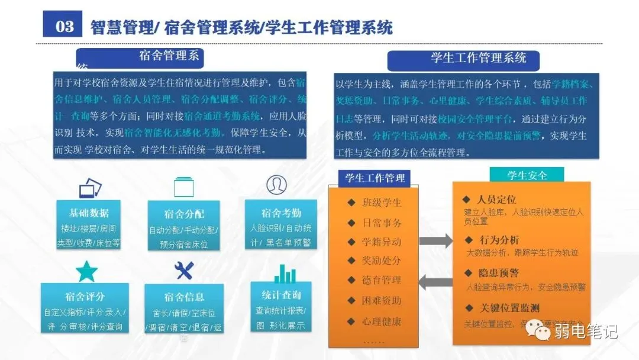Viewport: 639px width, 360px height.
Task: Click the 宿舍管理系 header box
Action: pos(169,57)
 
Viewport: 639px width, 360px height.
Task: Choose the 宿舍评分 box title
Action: pos(85,296)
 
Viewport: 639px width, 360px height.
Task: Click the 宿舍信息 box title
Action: pos(184,297)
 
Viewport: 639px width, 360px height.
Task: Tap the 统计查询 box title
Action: pos(281,295)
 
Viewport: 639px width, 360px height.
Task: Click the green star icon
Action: pos(86,271)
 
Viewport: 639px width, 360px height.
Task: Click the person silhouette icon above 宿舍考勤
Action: pos(276,185)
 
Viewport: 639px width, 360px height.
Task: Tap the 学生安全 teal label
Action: pos(527,175)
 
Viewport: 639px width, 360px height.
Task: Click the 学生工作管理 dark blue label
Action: pos(375,178)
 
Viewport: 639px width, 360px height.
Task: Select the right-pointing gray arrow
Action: pos(437,241)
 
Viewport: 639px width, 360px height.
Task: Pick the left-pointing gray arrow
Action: pos(437,279)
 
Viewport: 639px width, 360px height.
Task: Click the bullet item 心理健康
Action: pos(381,322)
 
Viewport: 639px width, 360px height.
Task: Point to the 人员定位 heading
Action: pos(496,200)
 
